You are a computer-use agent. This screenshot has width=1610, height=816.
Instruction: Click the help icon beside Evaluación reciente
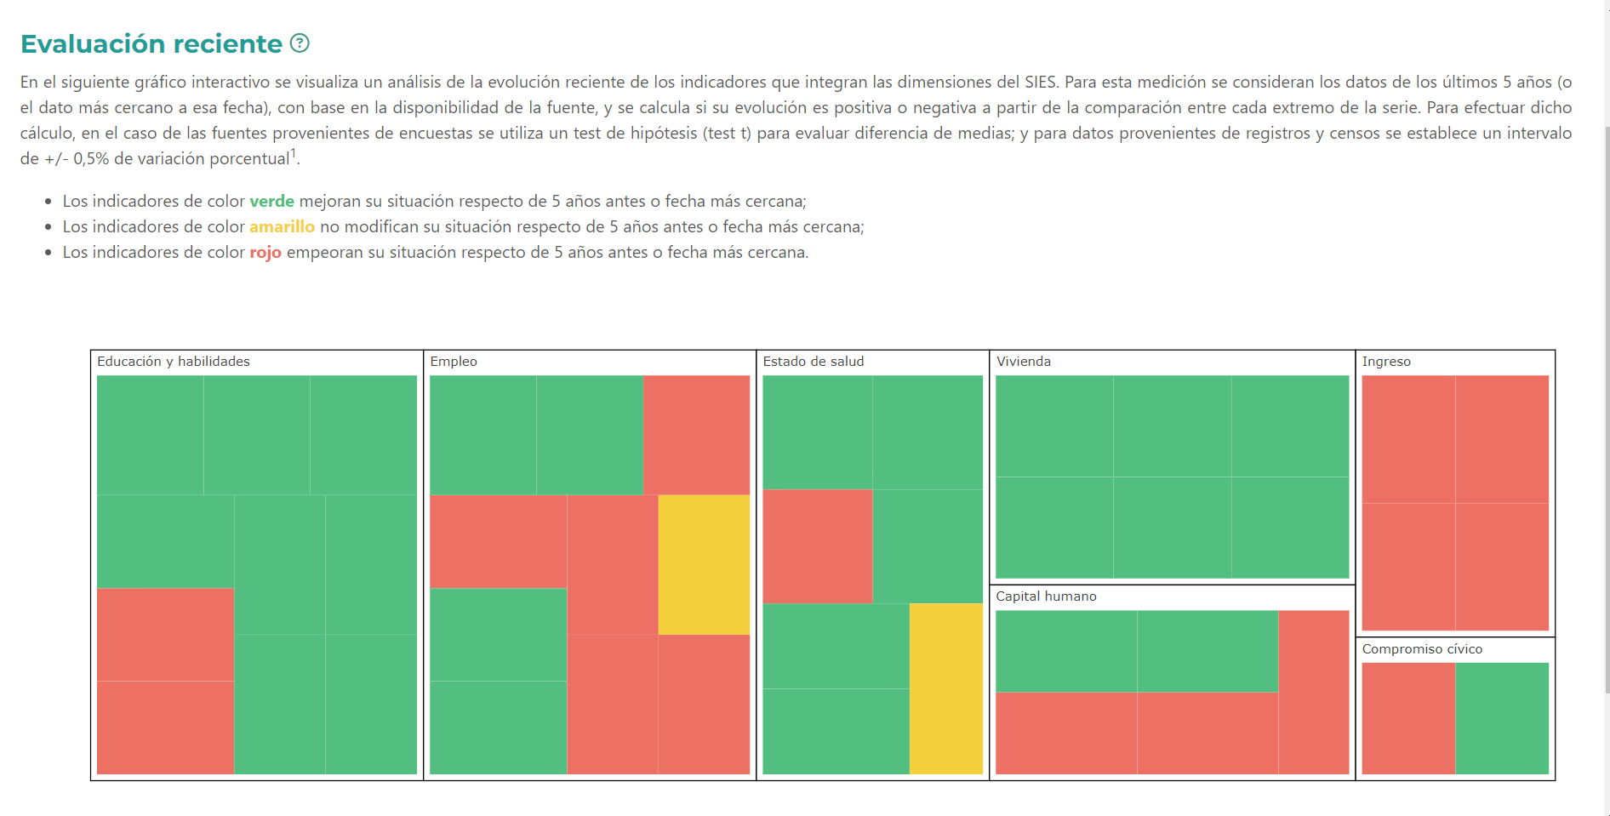pos(300,43)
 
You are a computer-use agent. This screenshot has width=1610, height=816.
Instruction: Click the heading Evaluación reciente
pos(151,43)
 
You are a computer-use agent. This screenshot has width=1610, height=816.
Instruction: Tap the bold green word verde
pos(271,202)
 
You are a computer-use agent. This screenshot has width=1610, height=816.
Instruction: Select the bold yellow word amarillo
pos(282,227)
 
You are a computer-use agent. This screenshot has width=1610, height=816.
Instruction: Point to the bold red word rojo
pos(265,253)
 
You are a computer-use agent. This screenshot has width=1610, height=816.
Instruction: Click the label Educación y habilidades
pos(174,362)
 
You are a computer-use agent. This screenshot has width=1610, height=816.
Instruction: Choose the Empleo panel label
pos(454,362)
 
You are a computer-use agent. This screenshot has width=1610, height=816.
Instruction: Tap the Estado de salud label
pos(813,362)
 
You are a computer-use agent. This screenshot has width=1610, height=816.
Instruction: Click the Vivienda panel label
pos(1024,362)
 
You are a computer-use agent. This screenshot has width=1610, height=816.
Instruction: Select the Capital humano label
pos(1046,596)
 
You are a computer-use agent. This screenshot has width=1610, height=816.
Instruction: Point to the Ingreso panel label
pos(1386,362)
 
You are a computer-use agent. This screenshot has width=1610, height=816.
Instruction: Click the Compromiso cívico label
pos(1422,649)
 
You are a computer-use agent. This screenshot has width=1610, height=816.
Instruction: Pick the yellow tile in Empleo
pos(704,564)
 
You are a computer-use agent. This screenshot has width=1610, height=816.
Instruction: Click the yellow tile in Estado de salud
pos(945,688)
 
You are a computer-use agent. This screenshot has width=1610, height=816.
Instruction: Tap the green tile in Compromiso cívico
pos(1502,718)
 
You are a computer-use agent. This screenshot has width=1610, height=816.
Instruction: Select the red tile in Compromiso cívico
pos(1408,718)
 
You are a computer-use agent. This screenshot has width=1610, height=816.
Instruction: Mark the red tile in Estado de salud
pos(817,546)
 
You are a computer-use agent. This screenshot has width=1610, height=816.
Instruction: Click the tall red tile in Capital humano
pos(1313,692)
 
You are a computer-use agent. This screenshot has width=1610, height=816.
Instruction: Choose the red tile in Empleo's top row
pos(696,435)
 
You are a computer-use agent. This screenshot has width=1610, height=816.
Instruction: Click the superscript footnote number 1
pos(294,153)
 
